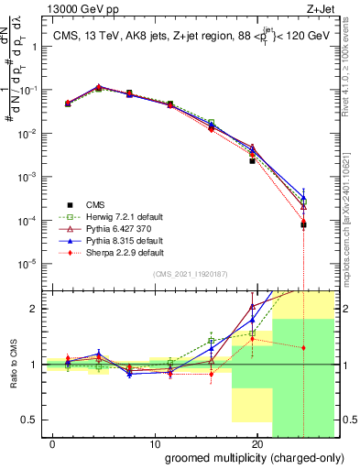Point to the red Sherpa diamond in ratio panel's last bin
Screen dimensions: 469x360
point(304,348)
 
